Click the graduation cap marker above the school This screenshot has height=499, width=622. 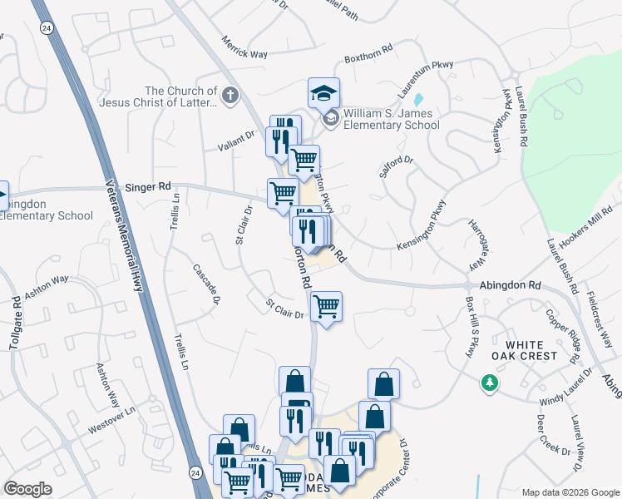323,93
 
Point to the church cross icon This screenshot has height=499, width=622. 230,96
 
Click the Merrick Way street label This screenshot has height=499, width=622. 244,47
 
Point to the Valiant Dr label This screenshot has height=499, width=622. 237,139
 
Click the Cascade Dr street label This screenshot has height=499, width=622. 207,282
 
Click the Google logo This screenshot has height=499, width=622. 28,489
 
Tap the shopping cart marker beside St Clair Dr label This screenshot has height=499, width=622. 326,306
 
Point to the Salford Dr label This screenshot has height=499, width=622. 396,163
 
